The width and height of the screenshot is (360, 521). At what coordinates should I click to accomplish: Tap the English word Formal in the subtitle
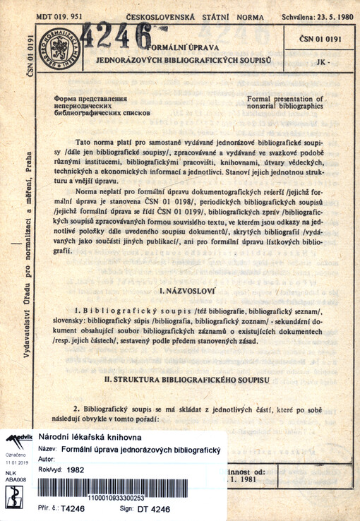[x=263, y=99]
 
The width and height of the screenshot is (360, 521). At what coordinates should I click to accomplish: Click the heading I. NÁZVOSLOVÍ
[x=182, y=290]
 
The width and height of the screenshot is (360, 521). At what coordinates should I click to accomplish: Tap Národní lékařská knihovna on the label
[x=88, y=438]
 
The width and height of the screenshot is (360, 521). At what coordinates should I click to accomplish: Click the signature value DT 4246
[x=155, y=508]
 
